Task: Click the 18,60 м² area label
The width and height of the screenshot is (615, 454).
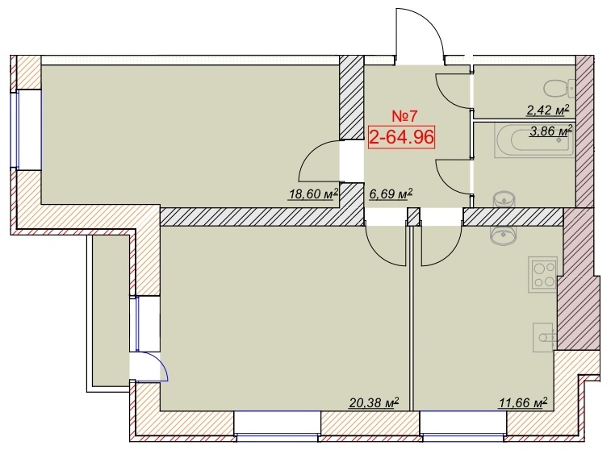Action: click(313, 194)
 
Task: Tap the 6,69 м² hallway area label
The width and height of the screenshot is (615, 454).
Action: click(391, 194)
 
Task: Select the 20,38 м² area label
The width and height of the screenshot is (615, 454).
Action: click(374, 402)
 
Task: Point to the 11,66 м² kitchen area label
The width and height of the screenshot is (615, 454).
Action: click(523, 402)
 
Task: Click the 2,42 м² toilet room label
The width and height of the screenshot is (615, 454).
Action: click(547, 110)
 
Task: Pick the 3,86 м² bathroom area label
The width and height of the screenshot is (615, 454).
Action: click(550, 131)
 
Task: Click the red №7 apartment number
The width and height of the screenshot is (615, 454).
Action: click(405, 116)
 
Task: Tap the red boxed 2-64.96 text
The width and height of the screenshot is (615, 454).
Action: click(402, 137)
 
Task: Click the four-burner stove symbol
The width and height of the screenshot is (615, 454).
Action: click(542, 275)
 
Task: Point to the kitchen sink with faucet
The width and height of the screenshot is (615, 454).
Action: click(544, 338)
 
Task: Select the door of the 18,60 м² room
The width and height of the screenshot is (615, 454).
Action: click(320, 161)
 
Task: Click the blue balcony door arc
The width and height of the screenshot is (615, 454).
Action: click(153, 365)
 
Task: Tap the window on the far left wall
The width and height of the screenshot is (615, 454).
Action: click(28, 130)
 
